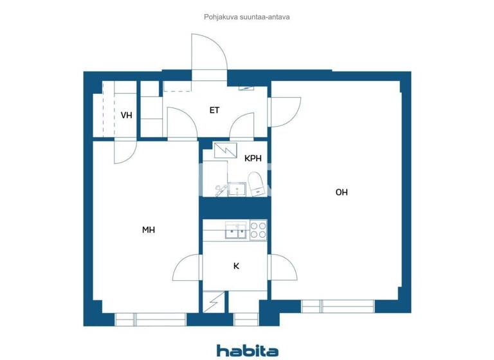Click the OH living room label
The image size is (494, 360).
[x=341, y=192]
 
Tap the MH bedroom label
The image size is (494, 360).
[x=149, y=230]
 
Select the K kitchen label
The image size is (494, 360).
[x=236, y=266]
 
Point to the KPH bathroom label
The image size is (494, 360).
[x=252, y=158]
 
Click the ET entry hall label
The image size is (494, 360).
[x=214, y=111]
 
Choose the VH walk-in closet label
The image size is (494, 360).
[x=126, y=116]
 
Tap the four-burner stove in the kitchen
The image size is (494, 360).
[x=257, y=230]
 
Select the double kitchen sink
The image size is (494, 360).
[x=235, y=230]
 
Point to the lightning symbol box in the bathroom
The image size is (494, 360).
[x=225, y=150]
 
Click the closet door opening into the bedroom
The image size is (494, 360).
[x=125, y=152]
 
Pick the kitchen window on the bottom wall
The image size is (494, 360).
[x=244, y=318]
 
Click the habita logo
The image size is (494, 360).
[x=247, y=350]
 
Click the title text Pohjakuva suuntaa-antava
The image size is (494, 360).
[x=247, y=17]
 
